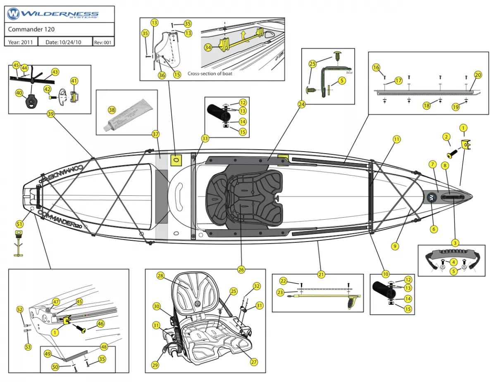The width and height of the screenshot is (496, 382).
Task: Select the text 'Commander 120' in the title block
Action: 31,29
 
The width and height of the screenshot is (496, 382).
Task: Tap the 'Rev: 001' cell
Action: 103,42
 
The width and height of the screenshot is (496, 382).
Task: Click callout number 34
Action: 208,47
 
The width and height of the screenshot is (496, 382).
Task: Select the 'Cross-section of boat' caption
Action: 210,74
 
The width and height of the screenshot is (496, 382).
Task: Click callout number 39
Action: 51,114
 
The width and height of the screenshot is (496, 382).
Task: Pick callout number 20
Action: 478,75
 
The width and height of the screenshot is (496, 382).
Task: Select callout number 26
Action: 241,269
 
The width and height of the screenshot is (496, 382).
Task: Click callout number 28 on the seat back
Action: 160,275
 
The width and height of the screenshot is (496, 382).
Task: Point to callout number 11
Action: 396,139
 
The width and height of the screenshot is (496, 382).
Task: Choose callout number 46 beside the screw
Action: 100,324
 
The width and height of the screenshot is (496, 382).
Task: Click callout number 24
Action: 302,105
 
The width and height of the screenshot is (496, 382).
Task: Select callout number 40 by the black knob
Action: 19,93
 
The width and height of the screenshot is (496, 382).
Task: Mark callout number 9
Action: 395,246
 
